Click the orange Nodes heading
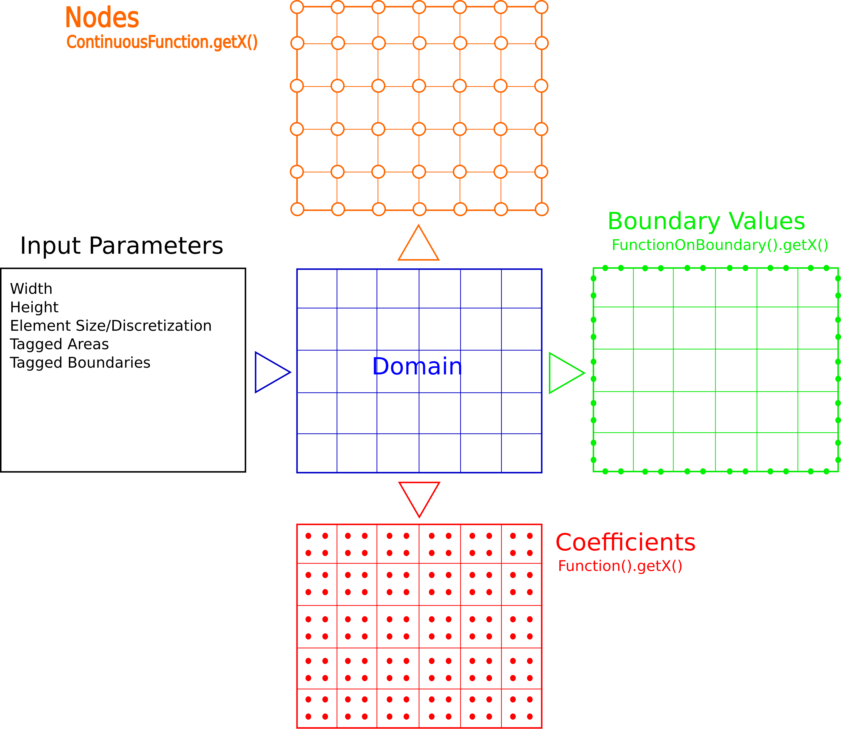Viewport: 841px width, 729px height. coord(102,18)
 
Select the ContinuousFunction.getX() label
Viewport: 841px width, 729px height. coord(162,42)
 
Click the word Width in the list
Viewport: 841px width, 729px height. coord(31,289)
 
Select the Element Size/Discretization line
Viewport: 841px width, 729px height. coord(111,326)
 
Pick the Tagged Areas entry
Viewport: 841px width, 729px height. coord(59,344)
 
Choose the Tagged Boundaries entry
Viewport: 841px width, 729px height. coord(80,363)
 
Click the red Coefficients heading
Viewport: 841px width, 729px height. coord(625,543)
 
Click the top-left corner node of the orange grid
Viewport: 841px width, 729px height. coord(297,7)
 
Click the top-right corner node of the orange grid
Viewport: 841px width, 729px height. coord(541,7)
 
